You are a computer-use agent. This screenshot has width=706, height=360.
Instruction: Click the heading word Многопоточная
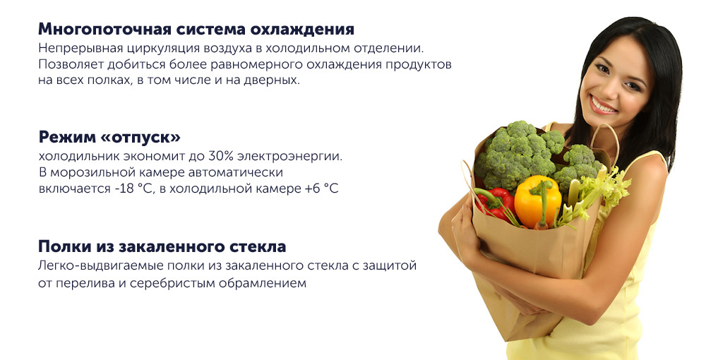(x=104, y=29)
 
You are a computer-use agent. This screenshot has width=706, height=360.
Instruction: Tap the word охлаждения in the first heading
(x=302, y=30)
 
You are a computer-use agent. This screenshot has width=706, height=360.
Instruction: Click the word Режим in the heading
(x=67, y=137)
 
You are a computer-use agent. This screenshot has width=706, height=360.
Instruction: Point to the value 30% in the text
(x=220, y=157)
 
